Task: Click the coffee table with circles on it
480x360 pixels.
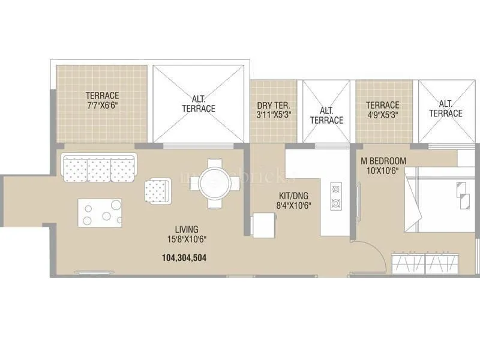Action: (x=100, y=212)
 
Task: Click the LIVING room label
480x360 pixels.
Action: (x=187, y=229)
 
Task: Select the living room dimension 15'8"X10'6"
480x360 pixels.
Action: (x=187, y=239)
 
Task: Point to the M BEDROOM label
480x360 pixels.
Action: (x=383, y=161)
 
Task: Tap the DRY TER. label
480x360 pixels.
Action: (x=274, y=106)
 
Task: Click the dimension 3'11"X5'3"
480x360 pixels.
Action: (x=274, y=115)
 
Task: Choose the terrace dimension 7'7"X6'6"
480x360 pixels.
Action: (x=102, y=105)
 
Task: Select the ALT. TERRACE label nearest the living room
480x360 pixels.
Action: (x=199, y=104)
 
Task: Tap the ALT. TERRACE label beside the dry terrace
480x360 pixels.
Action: (x=326, y=115)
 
